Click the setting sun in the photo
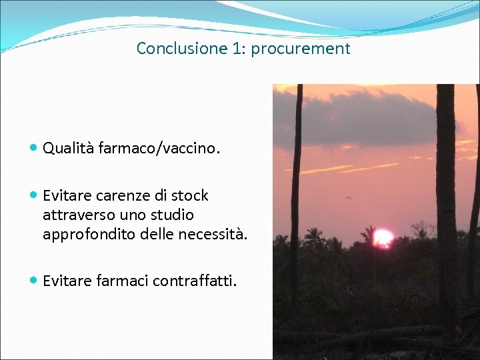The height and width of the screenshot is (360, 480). [383, 237]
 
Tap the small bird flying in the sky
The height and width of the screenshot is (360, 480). [348, 197]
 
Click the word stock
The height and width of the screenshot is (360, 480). [189, 196]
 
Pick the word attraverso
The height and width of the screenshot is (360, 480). [75, 215]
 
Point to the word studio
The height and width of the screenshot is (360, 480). [173, 215]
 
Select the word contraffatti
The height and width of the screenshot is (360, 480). [194, 281]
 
